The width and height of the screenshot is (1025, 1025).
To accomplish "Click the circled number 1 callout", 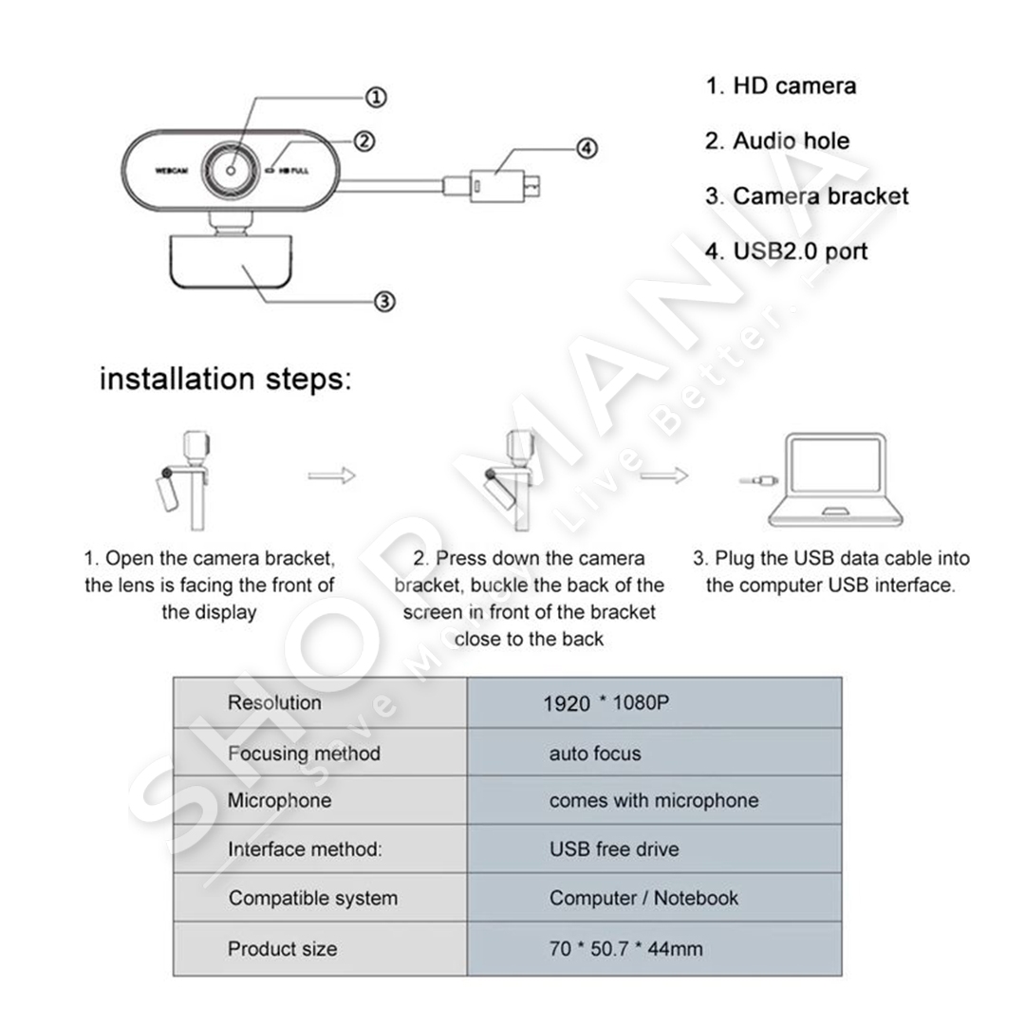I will click(376, 97).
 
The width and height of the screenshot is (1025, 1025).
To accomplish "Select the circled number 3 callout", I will click(383, 302).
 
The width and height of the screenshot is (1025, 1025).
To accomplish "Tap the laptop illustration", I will click(835, 480).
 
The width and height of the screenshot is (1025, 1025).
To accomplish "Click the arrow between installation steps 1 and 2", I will click(331, 475).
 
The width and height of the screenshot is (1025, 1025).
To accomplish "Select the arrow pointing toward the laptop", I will click(664, 475).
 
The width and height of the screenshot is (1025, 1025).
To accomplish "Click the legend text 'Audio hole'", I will click(791, 141).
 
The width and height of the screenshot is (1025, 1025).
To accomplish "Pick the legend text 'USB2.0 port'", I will click(799, 252).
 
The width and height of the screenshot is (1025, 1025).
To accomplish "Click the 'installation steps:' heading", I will click(225, 380).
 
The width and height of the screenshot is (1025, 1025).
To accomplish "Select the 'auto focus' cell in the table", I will click(595, 754).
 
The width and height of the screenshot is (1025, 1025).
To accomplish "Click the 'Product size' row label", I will click(282, 948).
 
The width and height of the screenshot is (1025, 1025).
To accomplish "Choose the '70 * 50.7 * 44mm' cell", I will click(625, 948).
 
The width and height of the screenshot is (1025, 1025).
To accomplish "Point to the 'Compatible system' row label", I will click(312, 898).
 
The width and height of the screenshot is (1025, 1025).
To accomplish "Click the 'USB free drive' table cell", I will click(614, 848).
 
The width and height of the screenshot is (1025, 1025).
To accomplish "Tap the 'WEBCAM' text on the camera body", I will click(173, 172).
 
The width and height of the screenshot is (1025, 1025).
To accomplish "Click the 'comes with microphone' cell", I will click(654, 800).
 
